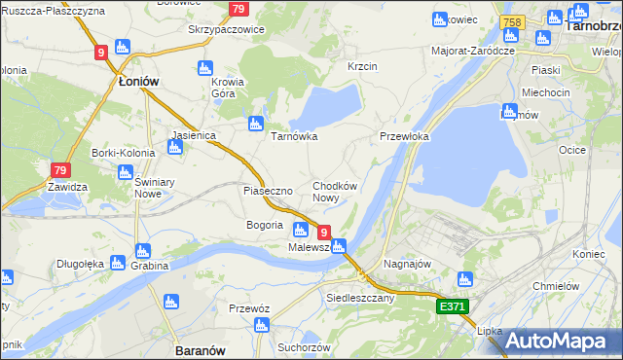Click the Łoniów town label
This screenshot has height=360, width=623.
tap(137, 82)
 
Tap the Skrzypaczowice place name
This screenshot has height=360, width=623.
tap(226, 29)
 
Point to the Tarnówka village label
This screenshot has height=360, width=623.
tap(294, 136)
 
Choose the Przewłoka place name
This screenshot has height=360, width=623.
tap(404, 137)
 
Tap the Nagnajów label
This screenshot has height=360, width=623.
tap(409, 264)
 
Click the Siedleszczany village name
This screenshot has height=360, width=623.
tap(361, 298)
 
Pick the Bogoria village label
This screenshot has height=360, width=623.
tap(266, 226)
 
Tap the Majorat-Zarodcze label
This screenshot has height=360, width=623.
tap(472, 50)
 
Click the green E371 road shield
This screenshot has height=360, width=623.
tap(452, 306)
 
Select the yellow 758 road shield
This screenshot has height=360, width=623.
tap(513, 21)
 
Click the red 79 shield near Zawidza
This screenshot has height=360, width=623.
tap(60, 171)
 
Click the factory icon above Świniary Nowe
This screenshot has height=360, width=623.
tap(125, 172)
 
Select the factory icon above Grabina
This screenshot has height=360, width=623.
tap(143, 251)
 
